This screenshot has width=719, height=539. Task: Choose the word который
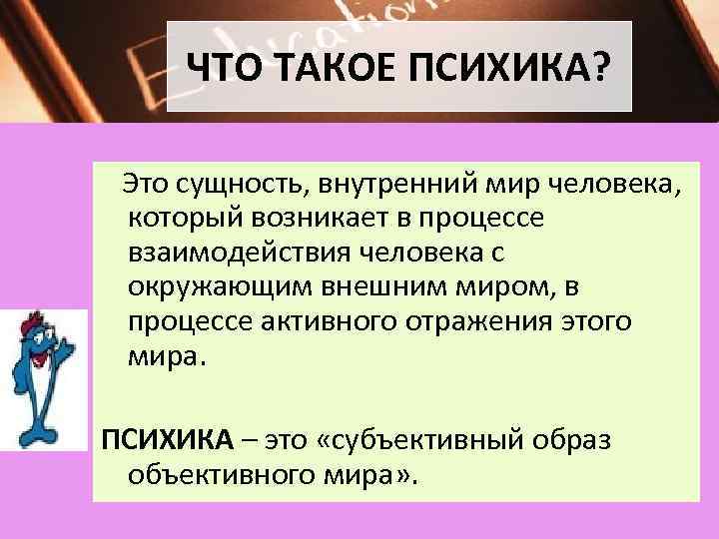(185, 216)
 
